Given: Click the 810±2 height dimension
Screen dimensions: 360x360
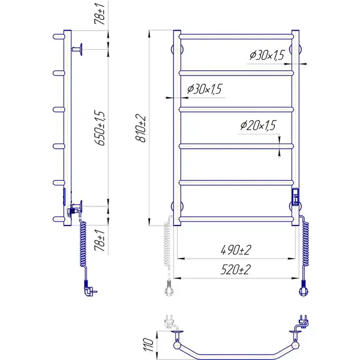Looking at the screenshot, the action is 140,128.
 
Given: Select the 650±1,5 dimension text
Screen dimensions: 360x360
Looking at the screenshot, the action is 100,128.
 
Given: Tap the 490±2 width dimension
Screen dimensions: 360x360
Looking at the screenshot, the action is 236,250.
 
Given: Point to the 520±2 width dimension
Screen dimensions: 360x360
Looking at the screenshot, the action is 236,269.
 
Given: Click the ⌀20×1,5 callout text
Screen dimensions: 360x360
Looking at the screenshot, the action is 258,125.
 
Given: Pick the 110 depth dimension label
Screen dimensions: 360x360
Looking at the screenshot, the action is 149,344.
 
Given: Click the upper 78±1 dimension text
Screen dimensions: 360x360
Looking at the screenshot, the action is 100,14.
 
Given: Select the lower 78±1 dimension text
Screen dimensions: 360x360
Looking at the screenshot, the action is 100,240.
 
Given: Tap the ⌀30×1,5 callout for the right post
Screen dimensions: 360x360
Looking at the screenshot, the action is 267,55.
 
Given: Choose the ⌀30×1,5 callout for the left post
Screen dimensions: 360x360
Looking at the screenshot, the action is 205,89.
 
